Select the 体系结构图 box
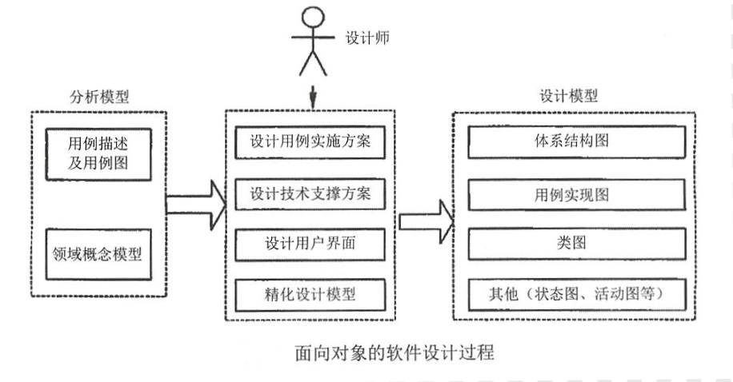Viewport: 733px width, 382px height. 577,143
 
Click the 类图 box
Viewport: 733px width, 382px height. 577,243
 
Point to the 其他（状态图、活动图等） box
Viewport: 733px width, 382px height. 577,293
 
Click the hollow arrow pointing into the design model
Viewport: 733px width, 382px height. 424,219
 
